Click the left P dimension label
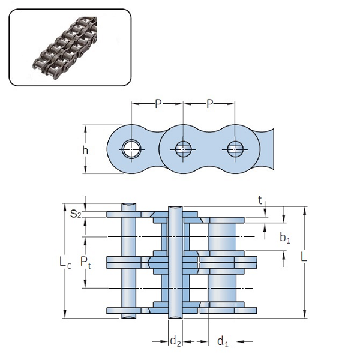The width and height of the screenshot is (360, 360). [158, 104]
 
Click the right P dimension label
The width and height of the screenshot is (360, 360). [209, 104]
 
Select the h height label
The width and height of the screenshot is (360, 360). [86, 150]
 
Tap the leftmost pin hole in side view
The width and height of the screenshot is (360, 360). [131, 149]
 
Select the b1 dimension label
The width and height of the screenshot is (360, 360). [285, 238]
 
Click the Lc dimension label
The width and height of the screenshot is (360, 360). [66, 262]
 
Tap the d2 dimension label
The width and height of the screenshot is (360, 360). [175, 342]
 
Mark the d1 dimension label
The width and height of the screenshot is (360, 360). [223, 342]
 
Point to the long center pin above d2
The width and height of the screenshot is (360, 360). [175, 262]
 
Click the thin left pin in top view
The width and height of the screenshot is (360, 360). [127, 262]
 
